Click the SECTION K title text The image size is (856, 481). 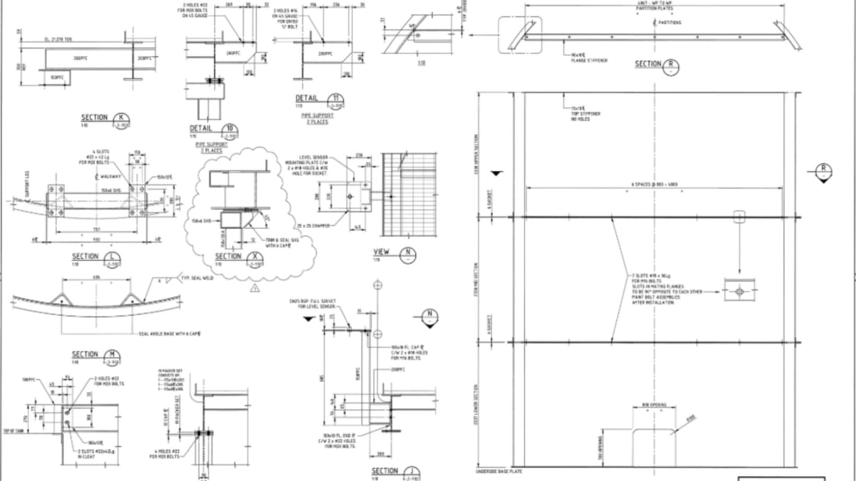coord(95,118)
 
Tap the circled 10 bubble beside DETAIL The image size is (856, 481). coord(230,130)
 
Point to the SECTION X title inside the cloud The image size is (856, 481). coord(228,257)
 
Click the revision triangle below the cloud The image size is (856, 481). coord(254,287)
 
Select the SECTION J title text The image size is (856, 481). coord(385,471)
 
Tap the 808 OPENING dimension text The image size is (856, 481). coord(653,405)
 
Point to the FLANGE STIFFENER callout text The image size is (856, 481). coord(588,57)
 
